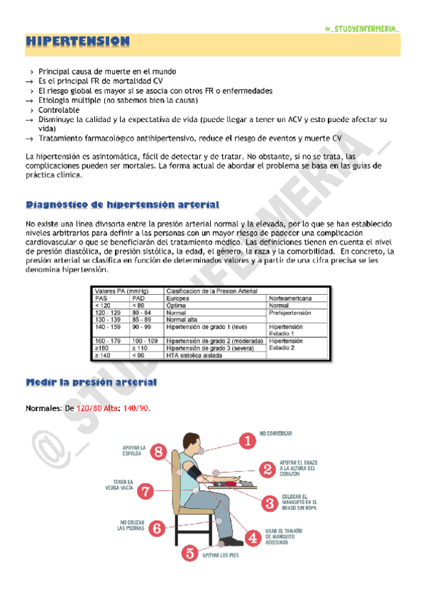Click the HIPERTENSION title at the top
click(78, 43)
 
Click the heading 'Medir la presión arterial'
click(91, 382)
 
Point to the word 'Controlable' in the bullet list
click(59, 111)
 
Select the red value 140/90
click(136, 409)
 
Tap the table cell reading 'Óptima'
click(177, 305)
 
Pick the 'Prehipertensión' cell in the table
click(291, 313)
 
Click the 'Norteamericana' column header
click(291, 298)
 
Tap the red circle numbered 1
click(247, 441)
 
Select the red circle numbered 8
click(159, 451)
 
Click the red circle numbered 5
click(189, 553)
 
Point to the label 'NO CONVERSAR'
click(275, 433)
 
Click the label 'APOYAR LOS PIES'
click(221, 556)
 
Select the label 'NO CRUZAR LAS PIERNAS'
click(131, 524)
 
